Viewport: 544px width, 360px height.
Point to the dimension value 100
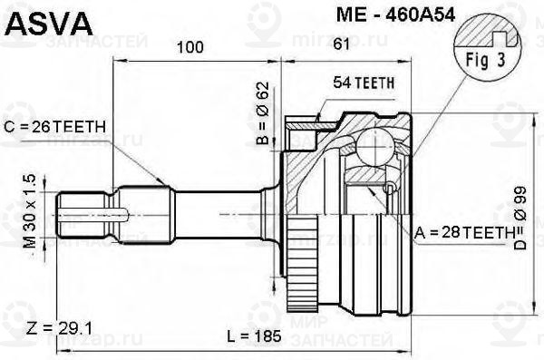[189, 47]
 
